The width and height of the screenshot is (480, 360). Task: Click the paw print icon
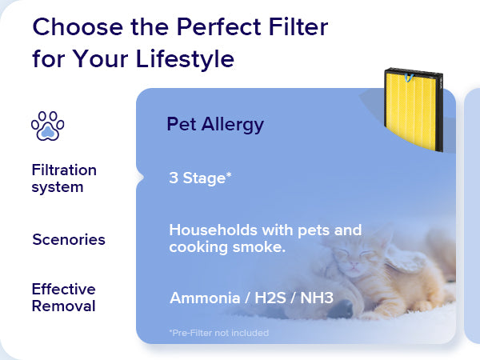tap(48, 126)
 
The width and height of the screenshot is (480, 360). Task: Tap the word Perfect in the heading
tap(218, 27)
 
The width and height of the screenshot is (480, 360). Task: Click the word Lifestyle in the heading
tap(185, 58)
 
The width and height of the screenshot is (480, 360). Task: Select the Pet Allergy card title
tap(215, 124)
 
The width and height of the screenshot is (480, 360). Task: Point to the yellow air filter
tap(414, 110)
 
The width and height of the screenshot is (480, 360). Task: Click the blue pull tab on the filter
tap(409, 78)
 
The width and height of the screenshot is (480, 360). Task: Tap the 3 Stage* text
tap(200, 178)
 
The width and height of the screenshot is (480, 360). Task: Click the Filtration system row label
tap(64, 178)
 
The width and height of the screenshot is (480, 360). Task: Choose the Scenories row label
tap(69, 239)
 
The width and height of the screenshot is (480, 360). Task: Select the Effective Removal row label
tap(64, 298)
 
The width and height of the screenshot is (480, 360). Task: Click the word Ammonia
tap(205, 298)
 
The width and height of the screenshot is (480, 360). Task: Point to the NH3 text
tap(317, 298)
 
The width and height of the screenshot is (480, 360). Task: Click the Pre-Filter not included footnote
tap(219, 333)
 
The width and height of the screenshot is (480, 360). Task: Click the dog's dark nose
tap(341, 309)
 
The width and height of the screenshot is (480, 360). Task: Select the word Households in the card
tap(213, 230)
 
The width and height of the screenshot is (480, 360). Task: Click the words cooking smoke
tap(227, 247)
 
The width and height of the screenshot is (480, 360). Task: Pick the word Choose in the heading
tap(78, 27)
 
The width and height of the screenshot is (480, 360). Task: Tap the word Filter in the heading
tap(298, 27)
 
